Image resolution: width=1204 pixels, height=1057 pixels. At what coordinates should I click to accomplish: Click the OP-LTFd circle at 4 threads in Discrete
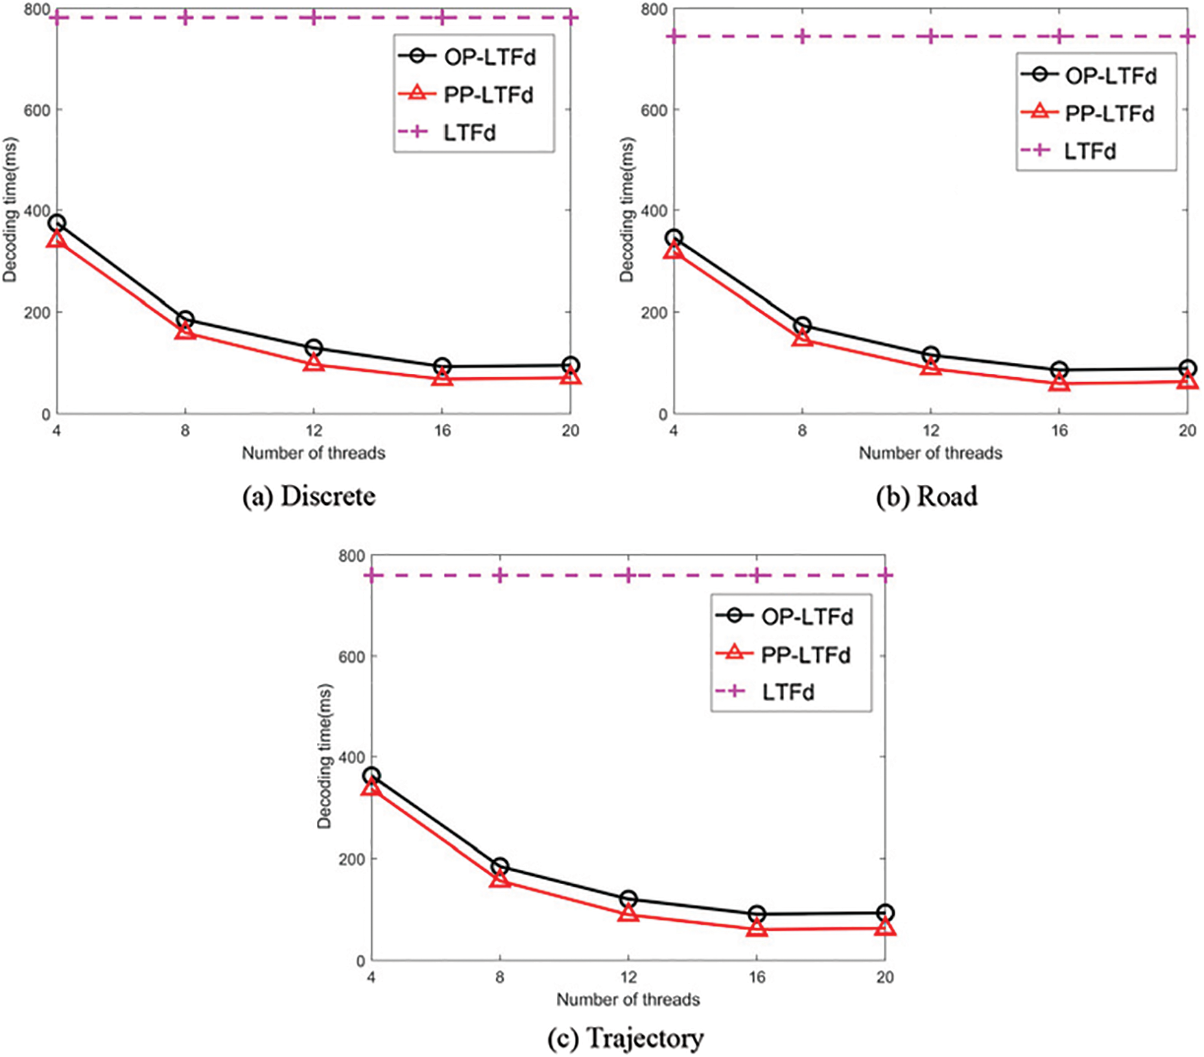(x=57, y=223)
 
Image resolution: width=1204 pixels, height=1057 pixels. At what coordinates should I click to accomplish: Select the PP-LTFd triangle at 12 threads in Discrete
(x=314, y=363)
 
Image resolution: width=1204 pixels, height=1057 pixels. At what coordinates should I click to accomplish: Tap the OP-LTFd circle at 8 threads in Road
(x=802, y=325)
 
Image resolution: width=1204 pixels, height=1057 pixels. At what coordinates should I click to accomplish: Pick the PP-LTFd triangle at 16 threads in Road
(x=1059, y=383)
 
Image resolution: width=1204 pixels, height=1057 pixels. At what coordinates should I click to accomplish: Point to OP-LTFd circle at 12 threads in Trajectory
(x=628, y=899)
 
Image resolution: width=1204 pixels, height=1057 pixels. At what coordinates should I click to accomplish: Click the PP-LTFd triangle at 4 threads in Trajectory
(x=371, y=787)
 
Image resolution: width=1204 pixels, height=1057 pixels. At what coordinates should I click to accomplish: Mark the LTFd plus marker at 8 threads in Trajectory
(x=499, y=575)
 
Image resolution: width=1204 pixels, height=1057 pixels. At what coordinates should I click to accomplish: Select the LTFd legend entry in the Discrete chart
(x=469, y=132)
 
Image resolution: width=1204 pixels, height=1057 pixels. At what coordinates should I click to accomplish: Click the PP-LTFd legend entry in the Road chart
(x=1109, y=113)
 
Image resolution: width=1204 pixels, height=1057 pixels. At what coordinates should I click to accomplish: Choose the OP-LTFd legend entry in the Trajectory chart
(x=807, y=616)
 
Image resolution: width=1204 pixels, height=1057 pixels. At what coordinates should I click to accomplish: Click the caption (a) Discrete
(x=309, y=496)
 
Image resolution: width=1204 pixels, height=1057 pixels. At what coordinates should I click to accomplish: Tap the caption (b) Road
(x=927, y=496)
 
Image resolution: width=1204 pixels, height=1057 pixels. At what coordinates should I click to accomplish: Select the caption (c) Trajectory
(x=625, y=1038)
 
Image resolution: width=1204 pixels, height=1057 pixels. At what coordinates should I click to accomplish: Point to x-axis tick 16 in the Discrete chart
(x=442, y=431)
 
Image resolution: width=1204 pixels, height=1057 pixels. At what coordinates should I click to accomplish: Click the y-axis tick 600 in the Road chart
(x=654, y=110)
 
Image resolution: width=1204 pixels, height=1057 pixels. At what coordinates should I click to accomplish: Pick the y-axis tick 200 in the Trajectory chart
(x=351, y=859)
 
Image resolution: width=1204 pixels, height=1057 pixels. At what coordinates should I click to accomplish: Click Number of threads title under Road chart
(x=930, y=453)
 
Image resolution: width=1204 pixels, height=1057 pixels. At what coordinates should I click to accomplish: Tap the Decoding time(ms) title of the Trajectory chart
(x=324, y=756)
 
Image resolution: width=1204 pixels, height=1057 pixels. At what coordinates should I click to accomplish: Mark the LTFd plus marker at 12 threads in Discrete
(x=314, y=17)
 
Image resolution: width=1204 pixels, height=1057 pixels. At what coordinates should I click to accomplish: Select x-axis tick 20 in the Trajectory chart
(x=885, y=977)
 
